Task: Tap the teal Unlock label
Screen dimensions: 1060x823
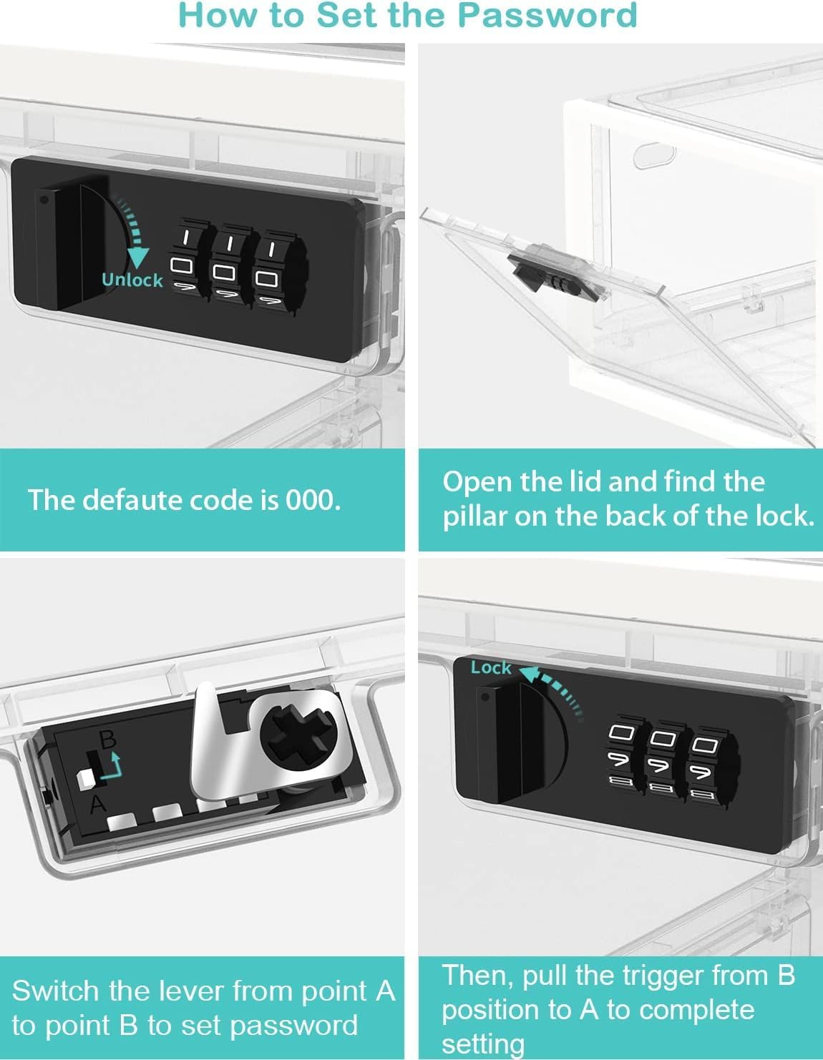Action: pos(132,280)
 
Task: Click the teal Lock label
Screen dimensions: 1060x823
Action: pos(491,668)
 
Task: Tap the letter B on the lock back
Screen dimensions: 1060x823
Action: pos(108,739)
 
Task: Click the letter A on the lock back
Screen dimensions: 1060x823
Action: pos(98,804)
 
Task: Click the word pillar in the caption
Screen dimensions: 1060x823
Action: pos(474,516)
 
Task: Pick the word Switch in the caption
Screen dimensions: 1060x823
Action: pos(55,991)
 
